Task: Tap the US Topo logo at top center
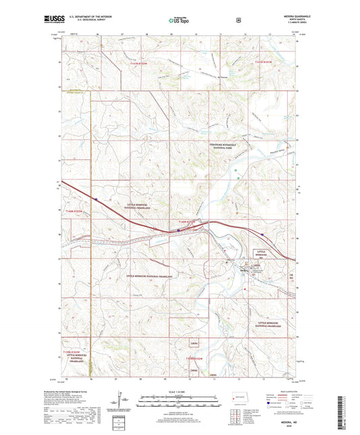click(x=179, y=21)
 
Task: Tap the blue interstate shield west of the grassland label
click(x=97, y=199)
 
